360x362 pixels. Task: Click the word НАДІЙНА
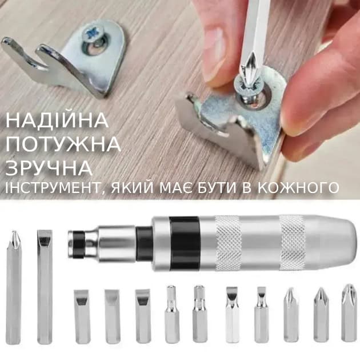click(57, 120)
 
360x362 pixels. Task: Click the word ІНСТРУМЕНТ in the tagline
click(53, 188)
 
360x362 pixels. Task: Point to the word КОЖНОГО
click(298, 188)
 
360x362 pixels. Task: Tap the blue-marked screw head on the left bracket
click(93, 35)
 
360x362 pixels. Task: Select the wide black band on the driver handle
click(184, 243)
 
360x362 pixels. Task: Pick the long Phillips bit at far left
click(14, 287)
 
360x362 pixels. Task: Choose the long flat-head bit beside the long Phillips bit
click(45, 287)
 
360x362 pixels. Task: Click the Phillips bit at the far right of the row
click(349, 313)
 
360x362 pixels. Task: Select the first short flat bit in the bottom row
click(82, 316)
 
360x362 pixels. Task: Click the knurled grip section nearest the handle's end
click(293, 243)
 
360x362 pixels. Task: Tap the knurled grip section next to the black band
click(229, 243)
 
